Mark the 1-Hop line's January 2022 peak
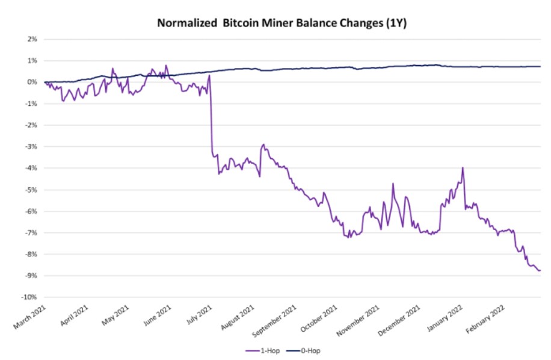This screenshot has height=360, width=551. pos(463,167)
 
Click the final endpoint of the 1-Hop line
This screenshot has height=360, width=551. pos(540,270)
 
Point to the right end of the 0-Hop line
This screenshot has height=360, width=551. pos(540,66)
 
